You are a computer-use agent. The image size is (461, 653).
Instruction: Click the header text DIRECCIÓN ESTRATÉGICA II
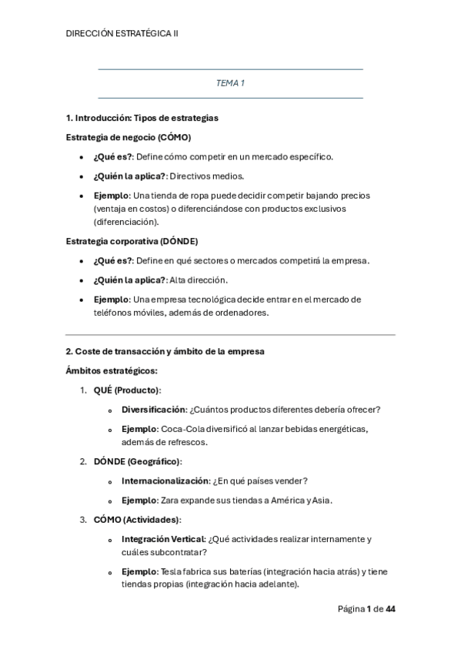[x=122, y=33]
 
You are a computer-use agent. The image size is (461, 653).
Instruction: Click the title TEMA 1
[x=230, y=83]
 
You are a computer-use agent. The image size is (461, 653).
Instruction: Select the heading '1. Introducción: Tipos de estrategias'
[x=142, y=118]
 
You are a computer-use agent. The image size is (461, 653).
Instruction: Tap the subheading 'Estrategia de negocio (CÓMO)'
[x=129, y=137]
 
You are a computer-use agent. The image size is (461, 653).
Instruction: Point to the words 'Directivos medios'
[x=206, y=176]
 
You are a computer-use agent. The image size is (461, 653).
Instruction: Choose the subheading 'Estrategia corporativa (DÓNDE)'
[x=132, y=241]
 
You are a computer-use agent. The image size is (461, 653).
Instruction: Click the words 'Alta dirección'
[x=199, y=280]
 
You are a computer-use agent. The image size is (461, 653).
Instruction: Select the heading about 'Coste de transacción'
[x=165, y=351]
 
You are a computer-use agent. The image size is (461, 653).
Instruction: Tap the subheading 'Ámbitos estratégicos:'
[x=112, y=370]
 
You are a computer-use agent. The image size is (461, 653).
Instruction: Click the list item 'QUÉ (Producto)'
[x=127, y=390]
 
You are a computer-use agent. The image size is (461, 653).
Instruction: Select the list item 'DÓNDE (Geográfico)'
[x=138, y=461]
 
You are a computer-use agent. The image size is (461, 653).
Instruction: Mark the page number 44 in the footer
[x=390, y=609]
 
